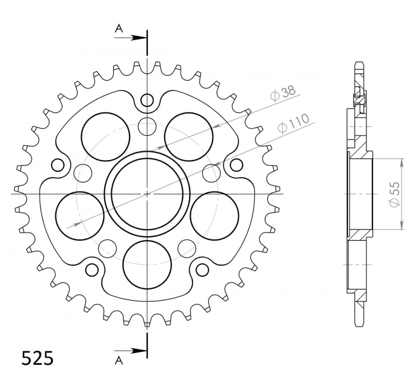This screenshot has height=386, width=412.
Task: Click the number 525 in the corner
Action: tap(38, 358)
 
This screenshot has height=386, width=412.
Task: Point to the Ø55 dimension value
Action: tap(394, 193)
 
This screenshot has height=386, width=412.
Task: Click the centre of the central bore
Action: tap(147, 192)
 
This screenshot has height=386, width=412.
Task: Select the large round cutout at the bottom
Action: tap(147, 263)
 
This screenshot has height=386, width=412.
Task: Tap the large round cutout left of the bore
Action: tap(79, 215)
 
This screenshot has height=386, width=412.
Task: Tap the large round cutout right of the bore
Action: tap(215, 215)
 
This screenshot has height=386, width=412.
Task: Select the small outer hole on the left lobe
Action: tap(58, 164)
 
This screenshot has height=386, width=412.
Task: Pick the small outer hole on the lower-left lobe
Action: tap(92, 269)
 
